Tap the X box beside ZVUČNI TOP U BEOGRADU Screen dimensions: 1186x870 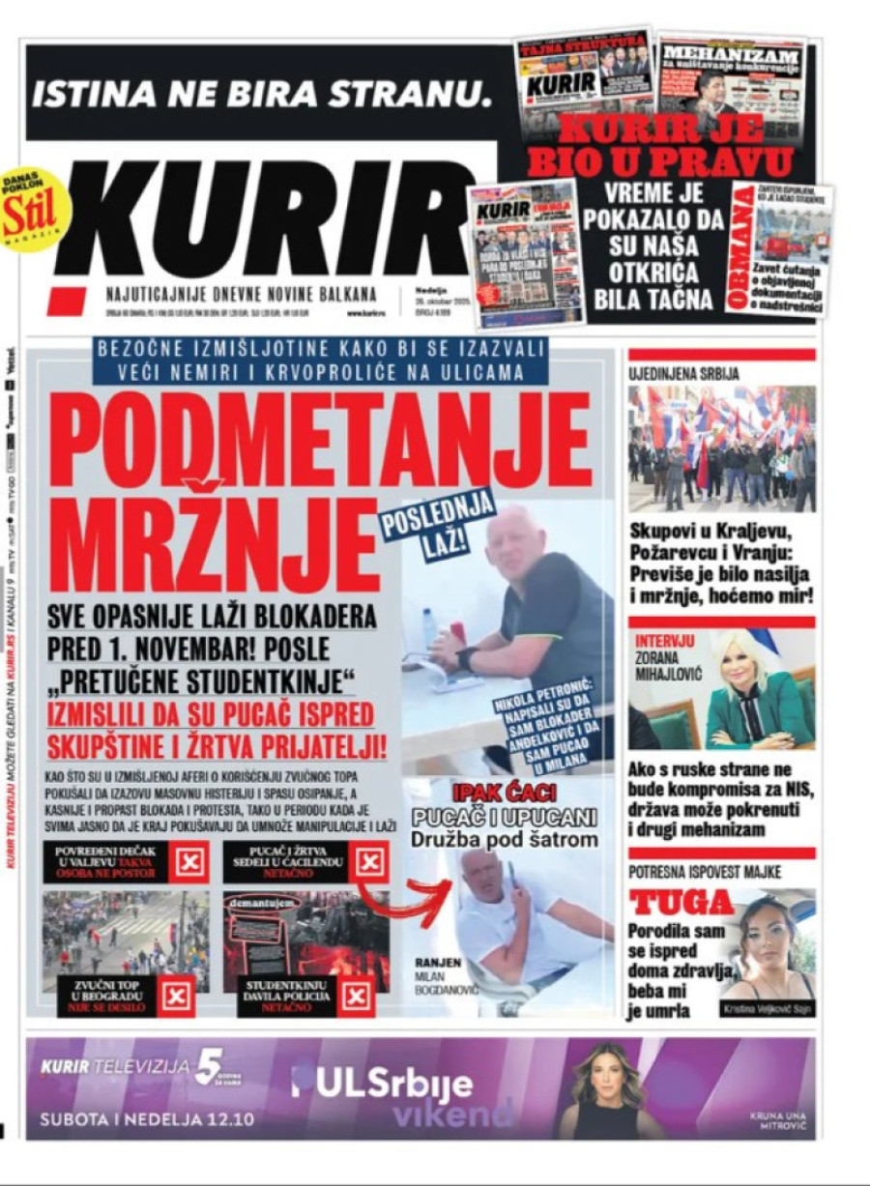pos(176,996)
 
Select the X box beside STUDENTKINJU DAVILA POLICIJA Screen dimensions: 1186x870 pos(357,996)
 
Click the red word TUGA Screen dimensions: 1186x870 pos(682,903)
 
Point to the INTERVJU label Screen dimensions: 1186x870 pos(665,641)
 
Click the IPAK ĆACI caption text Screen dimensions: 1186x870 pos(504,794)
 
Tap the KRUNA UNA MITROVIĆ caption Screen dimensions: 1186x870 pos(777,1120)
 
